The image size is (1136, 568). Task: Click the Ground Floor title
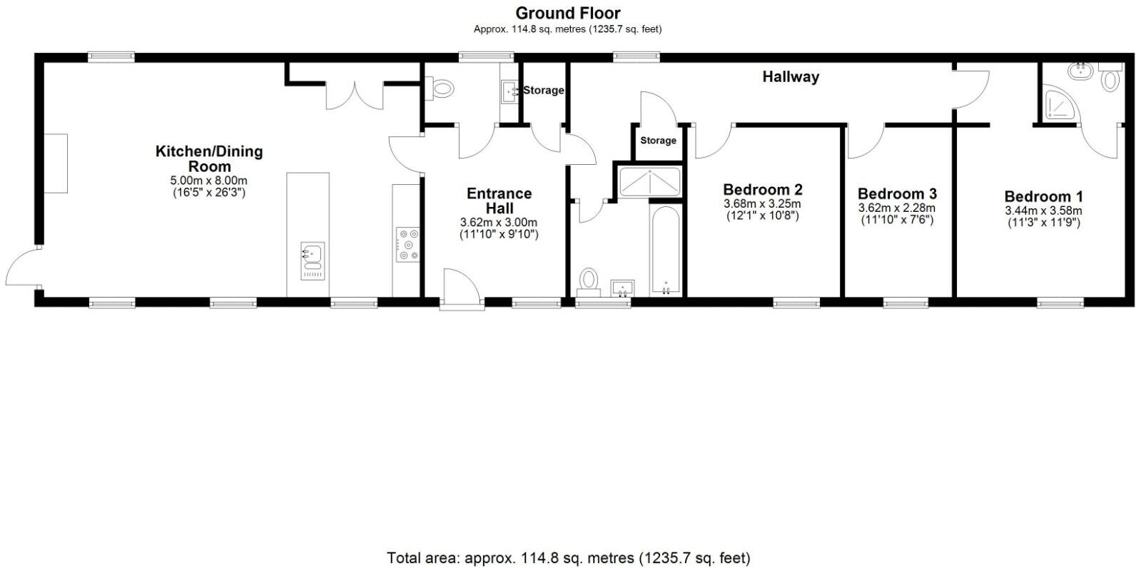pos(567,13)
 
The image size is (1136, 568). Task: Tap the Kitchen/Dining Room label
pos(209,158)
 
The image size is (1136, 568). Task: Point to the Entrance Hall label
pos(499,201)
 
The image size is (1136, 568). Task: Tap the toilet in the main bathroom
pos(589,279)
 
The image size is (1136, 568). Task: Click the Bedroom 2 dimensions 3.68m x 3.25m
pos(762,203)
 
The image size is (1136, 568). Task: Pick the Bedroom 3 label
pos(897,193)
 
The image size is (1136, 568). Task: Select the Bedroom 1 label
pos(1043,196)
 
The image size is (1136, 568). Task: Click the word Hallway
pos(791,77)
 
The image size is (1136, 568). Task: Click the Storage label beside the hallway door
pos(657,141)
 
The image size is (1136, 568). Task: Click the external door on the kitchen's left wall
pos(21,267)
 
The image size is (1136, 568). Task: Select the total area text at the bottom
pos(568,557)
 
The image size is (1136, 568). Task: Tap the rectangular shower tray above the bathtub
pos(650,181)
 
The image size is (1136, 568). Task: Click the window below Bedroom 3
pos(906,304)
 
